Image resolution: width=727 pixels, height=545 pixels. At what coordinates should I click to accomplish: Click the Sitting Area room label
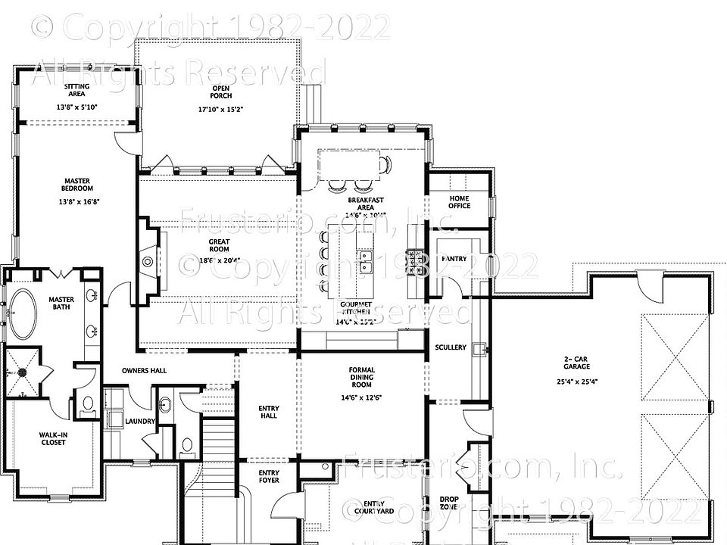point(77,90)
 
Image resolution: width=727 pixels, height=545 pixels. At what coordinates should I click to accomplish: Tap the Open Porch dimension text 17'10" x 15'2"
point(221,109)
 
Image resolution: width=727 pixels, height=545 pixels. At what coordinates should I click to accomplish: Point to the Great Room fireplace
point(148,262)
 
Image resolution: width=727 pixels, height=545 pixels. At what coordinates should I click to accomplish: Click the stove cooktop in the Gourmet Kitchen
point(414,262)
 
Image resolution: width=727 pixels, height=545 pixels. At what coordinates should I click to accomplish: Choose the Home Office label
point(459,201)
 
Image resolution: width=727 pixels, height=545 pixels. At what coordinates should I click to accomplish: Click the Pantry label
point(454,259)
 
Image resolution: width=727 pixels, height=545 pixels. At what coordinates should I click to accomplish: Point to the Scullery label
point(451,347)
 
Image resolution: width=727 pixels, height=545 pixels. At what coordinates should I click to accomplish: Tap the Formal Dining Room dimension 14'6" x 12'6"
point(362,397)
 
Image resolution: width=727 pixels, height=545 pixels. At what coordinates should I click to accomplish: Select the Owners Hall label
point(144,370)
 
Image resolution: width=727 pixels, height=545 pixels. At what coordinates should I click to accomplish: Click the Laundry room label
point(141,422)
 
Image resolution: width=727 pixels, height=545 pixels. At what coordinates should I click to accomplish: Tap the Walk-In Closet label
point(53,438)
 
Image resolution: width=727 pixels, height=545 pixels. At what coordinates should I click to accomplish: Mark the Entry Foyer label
point(269,476)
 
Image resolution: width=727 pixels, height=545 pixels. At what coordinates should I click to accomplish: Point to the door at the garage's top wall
point(648,285)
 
